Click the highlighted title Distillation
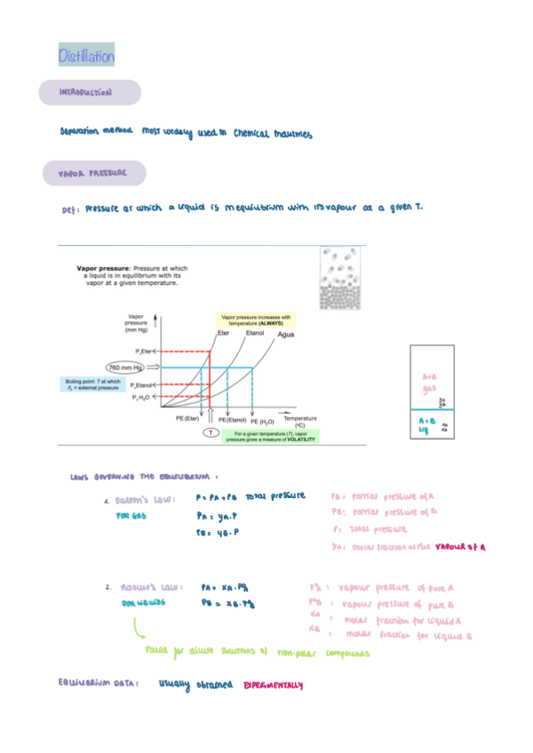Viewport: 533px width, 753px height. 86,57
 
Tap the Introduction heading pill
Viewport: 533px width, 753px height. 88,92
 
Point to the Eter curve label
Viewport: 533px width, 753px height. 224,334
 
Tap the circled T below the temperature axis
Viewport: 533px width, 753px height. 211,432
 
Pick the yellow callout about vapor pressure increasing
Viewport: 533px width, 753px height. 255,321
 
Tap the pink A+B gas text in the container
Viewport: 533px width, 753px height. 429,382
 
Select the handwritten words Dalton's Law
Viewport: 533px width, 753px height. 145,500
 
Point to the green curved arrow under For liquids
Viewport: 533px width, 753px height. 139,629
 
